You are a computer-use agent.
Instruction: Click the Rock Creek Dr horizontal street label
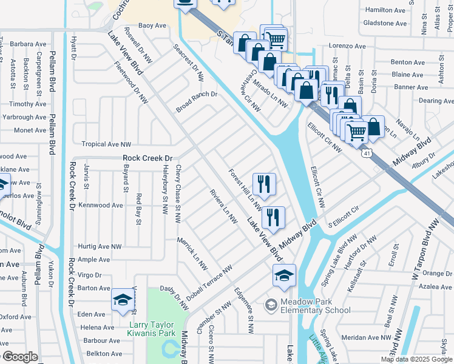(147, 158)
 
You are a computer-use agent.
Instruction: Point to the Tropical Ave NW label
(106, 144)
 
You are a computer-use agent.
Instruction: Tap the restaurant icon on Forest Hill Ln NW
(263, 183)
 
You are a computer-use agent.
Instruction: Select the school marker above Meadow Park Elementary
(283, 276)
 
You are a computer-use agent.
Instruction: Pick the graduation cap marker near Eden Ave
(123, 300)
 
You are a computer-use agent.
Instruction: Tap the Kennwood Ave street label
(101, 206)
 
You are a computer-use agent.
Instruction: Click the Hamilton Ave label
(386, 10)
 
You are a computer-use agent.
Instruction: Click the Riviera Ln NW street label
(223, 207)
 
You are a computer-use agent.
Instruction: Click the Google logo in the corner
(19, 357)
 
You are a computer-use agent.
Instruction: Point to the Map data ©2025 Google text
(416, 359)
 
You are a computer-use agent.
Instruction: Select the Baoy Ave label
(152, 25)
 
